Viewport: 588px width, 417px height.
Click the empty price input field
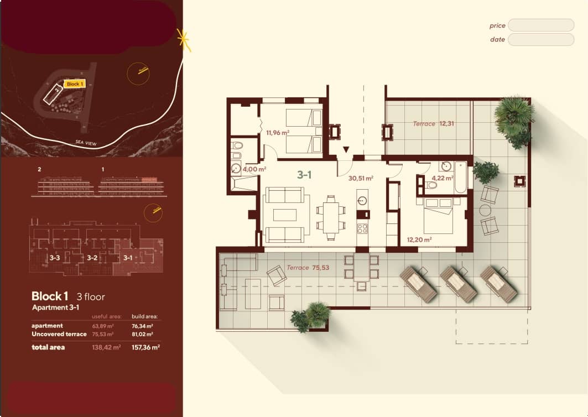pyautogui.click(x=540, y=25)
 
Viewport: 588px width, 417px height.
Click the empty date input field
pyautogui.click(x=540, y=39)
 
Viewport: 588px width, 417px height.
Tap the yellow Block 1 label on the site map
pyautogui.click(x=75, y=84)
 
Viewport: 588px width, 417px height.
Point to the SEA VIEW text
pyautogui.click(x=86, y=143)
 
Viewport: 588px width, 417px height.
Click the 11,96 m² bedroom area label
pyautogui.click(x=277, y=132)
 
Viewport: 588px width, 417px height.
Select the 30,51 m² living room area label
pyautogui.click(x=361, y=179)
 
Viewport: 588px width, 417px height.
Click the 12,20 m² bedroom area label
pyautogui.click(x=419, y=239)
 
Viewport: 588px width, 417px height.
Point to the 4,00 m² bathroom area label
pyautogui.click(x=254, y=169)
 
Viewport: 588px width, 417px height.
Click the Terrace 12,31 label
pyautogui.click(x=434, y=124)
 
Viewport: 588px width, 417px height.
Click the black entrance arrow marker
pyautogui.click(x=346, y=149)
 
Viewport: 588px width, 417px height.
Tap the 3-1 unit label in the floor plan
pyautogui.click(x=304, y=175)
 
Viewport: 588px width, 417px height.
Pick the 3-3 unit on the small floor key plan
pyautogui.click(x=54, y=258)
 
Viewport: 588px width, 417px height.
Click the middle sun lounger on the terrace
pyautogui.click(x=457, y=283)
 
